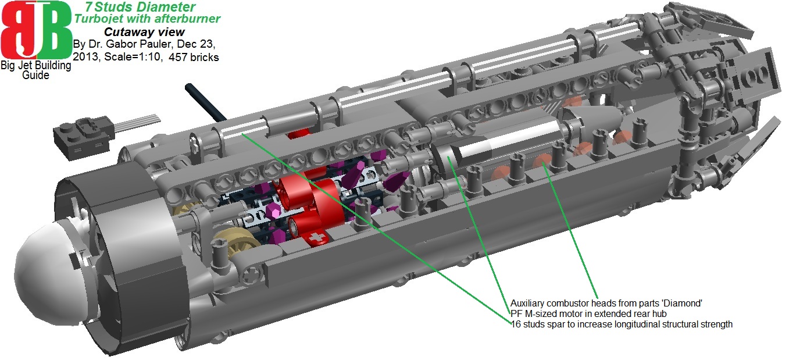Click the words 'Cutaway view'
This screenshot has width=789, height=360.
pos(144,32)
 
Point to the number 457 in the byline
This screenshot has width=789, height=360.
pos(178,57)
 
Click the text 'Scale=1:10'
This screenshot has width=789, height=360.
pos(132,57)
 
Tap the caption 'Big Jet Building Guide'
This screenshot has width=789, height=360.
pos(35,70)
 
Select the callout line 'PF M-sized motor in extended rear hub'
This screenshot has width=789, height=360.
pos(588,313)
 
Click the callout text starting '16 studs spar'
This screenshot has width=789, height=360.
pos(622,324)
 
